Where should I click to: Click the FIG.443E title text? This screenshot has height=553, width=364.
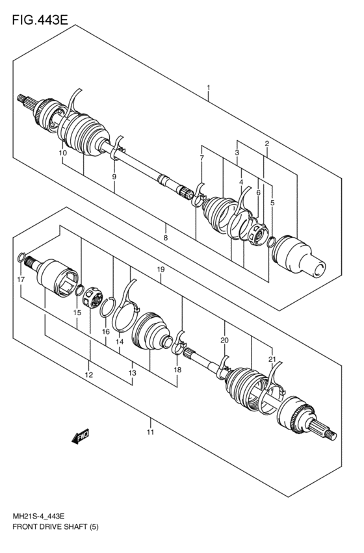40,19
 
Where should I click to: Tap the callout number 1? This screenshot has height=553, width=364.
209,87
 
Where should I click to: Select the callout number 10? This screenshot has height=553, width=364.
63,153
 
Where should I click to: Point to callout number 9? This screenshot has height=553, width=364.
114,177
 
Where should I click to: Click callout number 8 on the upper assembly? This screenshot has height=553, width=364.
165,238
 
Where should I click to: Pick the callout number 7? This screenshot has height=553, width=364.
201,158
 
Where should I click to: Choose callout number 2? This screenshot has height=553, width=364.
267,144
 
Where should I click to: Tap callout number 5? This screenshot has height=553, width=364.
272,203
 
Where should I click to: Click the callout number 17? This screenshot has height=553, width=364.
21,279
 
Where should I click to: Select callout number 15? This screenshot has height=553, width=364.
77,313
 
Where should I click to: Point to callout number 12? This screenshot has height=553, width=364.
89,374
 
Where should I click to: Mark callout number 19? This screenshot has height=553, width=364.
161,270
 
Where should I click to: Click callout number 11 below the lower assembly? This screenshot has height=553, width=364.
151,432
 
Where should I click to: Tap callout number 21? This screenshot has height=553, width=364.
272,360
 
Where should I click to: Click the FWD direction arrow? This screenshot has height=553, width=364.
81,436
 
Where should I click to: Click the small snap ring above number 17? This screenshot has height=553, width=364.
21,258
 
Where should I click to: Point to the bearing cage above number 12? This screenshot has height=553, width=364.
92,298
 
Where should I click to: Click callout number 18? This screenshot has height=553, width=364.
177,370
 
